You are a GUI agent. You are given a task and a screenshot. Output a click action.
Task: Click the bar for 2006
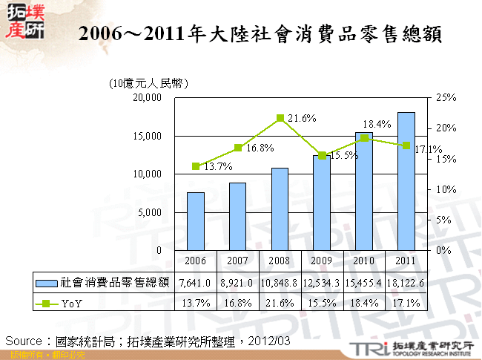pos(196,221)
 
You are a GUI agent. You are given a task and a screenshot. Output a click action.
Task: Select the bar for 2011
pos(406,181)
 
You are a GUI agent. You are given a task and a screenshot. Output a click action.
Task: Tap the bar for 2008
pos(280,209)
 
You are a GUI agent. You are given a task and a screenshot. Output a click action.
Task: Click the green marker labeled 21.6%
pos(280,118)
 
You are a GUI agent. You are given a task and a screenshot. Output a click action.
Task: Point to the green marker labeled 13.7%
pos(196,166)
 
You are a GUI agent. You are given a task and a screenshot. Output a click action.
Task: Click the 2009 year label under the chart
pos(322,261)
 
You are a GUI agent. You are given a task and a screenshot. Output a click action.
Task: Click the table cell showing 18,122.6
pos(406,283)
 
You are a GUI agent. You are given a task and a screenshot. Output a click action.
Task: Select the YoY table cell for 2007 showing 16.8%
pos(238,303)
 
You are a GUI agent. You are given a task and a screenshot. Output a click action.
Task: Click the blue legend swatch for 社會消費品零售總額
pos(47,283)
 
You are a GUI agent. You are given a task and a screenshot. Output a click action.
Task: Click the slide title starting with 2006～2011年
pos(260,33)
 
